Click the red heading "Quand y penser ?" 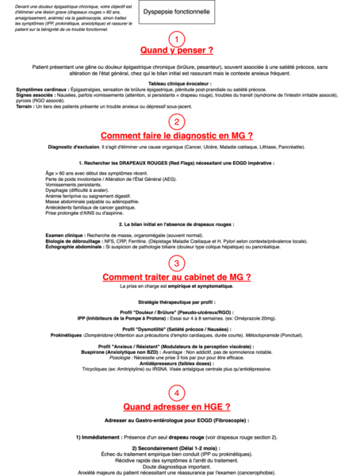(x=176, y=52)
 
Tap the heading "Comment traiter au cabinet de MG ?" (x=176, y=277)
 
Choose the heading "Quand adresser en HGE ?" (x=176, y=405)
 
